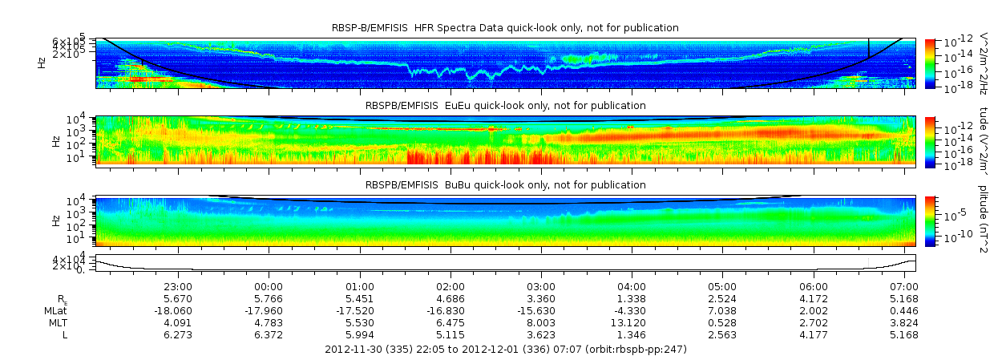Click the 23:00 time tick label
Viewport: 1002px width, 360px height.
click(x=177, y=286)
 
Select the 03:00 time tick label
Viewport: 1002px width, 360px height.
click(x=541, y=286)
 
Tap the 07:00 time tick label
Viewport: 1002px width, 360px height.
click(x=904, y=286)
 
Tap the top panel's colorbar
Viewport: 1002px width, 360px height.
click(x=930, y=62)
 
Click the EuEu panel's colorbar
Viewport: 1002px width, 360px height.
click(x=930, y=140)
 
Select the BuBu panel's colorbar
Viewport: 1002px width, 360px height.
click(x=930, y=220)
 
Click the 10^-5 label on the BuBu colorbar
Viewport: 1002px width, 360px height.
click(x=957, y=214)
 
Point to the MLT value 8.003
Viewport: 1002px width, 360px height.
click(x=541, y=322)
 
